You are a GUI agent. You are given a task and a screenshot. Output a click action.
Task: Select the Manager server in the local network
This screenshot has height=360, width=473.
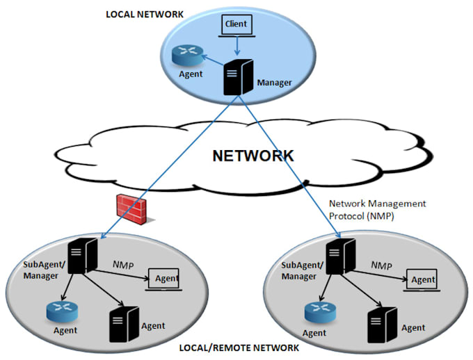coord(236,77)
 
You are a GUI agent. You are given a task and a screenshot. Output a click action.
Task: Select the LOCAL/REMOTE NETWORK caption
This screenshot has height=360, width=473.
coord(239,347)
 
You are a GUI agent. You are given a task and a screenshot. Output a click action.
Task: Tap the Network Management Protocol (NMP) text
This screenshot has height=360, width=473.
coord(376,209)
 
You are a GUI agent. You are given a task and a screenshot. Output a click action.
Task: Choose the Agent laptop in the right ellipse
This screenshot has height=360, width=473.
coord(421,279)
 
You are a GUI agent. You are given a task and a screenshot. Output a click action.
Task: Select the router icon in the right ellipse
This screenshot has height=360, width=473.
coord(320,313)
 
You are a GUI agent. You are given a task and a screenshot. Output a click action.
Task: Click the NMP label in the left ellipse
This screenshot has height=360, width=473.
coord(125,265)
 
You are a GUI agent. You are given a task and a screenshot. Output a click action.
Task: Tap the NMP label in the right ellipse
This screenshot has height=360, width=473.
coord(382,265)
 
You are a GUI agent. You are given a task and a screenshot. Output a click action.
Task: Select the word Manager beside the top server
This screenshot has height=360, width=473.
coord(274,83)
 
